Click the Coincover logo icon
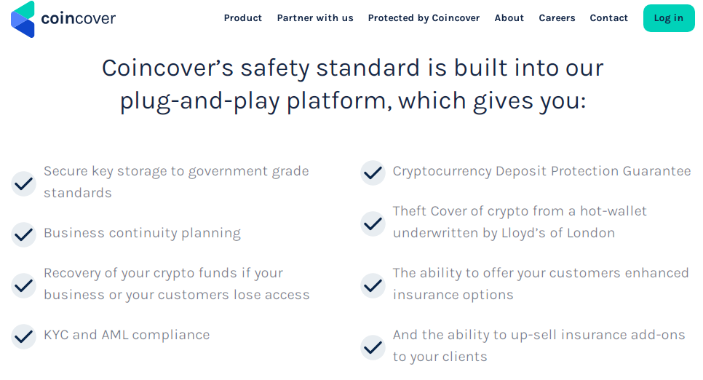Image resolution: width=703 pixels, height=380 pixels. tap(23, 19)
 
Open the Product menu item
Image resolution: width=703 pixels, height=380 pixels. tap(243, 18)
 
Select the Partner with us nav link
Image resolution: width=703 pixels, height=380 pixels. tap(315, 18)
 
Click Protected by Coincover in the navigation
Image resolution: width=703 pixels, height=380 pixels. tap(424, 18)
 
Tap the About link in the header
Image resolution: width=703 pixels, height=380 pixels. tap(509, 18)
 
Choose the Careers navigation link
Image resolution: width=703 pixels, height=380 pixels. tap(557, 18)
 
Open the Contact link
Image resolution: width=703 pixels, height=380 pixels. tap(609, 18)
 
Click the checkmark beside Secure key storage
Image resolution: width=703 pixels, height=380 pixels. tap(23, 183)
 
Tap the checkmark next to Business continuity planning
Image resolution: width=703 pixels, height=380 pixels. tap(23, 234)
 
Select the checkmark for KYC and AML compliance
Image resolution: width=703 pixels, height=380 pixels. tap(23, 336)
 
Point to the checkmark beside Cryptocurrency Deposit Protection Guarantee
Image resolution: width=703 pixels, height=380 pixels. tap(373, 173)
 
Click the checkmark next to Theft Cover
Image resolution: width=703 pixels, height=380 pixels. tap(373, 223)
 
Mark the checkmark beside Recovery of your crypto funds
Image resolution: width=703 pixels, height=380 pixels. tap(23, 285)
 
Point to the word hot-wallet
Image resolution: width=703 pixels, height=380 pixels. tap(613, 211)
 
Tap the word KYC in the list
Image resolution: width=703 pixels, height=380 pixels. tap(56, 335)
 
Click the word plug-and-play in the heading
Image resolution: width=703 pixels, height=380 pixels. tap(200, 101)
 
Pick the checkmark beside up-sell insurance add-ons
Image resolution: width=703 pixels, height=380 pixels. tap(373, 347)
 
